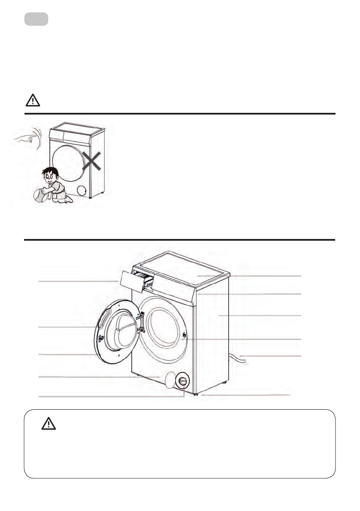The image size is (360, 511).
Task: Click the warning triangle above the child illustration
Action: click(33, 100)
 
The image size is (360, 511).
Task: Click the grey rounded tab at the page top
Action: click(36, 19)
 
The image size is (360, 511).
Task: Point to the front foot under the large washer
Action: click(196, 394)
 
